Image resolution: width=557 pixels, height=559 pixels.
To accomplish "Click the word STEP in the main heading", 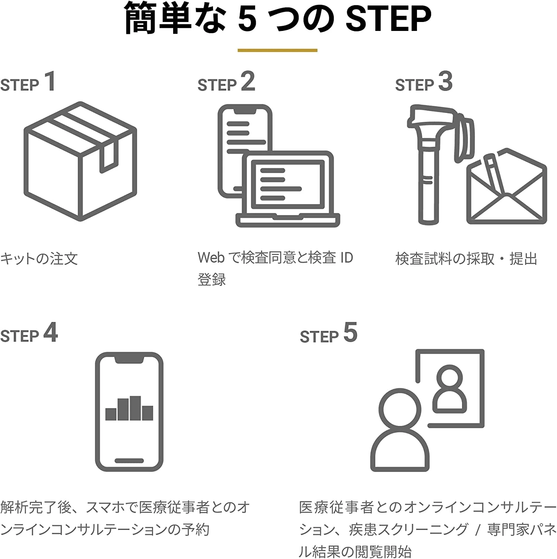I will point(388,18).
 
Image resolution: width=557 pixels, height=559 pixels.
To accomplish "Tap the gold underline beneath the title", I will point(277,50).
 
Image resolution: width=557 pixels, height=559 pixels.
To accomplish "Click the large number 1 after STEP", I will point(50,81).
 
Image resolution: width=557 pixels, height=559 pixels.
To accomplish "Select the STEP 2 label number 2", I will point(248,81).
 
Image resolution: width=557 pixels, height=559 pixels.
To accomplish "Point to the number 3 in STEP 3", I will point(445,81).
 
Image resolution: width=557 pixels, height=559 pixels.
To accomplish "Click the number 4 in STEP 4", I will point(51,332).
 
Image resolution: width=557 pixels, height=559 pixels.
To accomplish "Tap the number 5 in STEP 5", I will point(350,332).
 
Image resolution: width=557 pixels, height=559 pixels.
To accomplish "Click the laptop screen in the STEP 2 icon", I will point(288,184).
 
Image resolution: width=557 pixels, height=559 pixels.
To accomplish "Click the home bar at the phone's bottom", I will point(129,461).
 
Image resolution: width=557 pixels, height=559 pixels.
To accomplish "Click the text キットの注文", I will point(39,258).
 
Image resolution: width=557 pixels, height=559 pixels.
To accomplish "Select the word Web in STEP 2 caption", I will point(211,258).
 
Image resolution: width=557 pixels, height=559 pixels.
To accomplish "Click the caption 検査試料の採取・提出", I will point(466,258).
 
